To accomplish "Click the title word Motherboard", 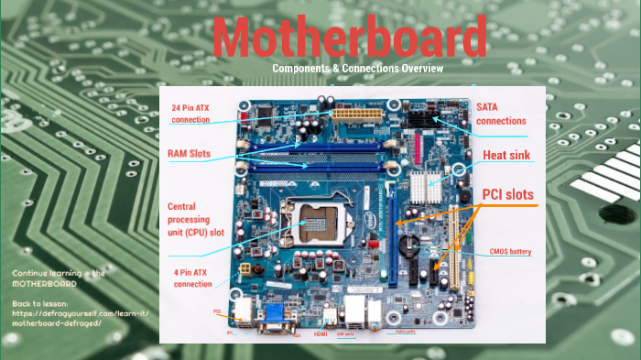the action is (x=355, y=38).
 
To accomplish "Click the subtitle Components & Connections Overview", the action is (x=357, y=69).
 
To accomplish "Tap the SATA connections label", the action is (x=501, y=114).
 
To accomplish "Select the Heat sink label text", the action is (x=507, y=155).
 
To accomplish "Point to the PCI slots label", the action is (x=507, y=194).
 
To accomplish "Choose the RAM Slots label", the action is (x=190, y=152).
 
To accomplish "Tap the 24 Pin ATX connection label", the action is (x=196, y=114).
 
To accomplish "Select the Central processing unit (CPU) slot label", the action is (x=194, y=218).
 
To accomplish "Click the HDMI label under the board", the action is (x=320, y=334).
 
